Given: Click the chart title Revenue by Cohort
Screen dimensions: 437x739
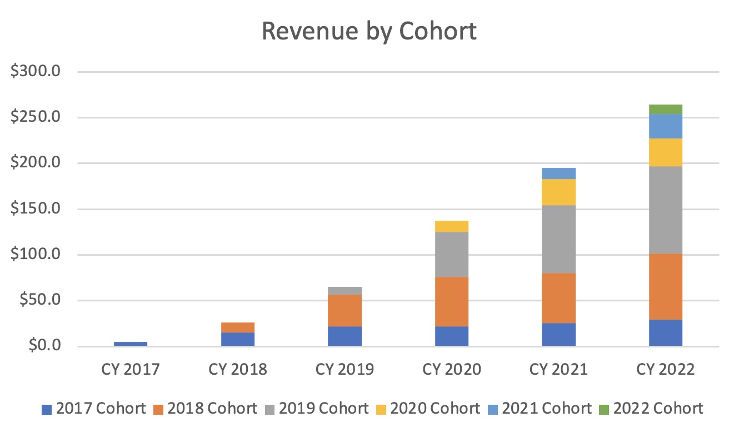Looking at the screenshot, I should tap(369, 32).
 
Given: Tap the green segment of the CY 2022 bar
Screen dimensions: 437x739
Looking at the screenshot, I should tap(666, 109).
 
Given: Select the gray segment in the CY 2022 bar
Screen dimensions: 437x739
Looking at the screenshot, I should tap(666, 210).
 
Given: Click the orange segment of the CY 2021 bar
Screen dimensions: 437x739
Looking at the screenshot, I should tap(558, 298).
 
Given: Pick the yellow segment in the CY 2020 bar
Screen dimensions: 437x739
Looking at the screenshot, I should tap(452, 226).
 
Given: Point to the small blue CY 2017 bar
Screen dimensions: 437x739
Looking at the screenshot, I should tap(131, 344).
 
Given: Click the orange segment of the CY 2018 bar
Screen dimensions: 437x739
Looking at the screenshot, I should tap(238, 327).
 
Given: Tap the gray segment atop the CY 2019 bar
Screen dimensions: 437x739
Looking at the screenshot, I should tap(344, 291).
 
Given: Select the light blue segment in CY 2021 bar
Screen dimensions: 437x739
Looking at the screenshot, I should tap(558, 173).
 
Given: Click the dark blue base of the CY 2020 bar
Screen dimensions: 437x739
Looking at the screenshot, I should tap(452, 336).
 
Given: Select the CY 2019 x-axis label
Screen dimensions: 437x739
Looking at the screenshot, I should tap(344, 370).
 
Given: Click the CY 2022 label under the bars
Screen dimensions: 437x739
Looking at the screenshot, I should tap(666, 370).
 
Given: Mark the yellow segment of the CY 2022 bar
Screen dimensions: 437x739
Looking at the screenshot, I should tap(666, 152).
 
